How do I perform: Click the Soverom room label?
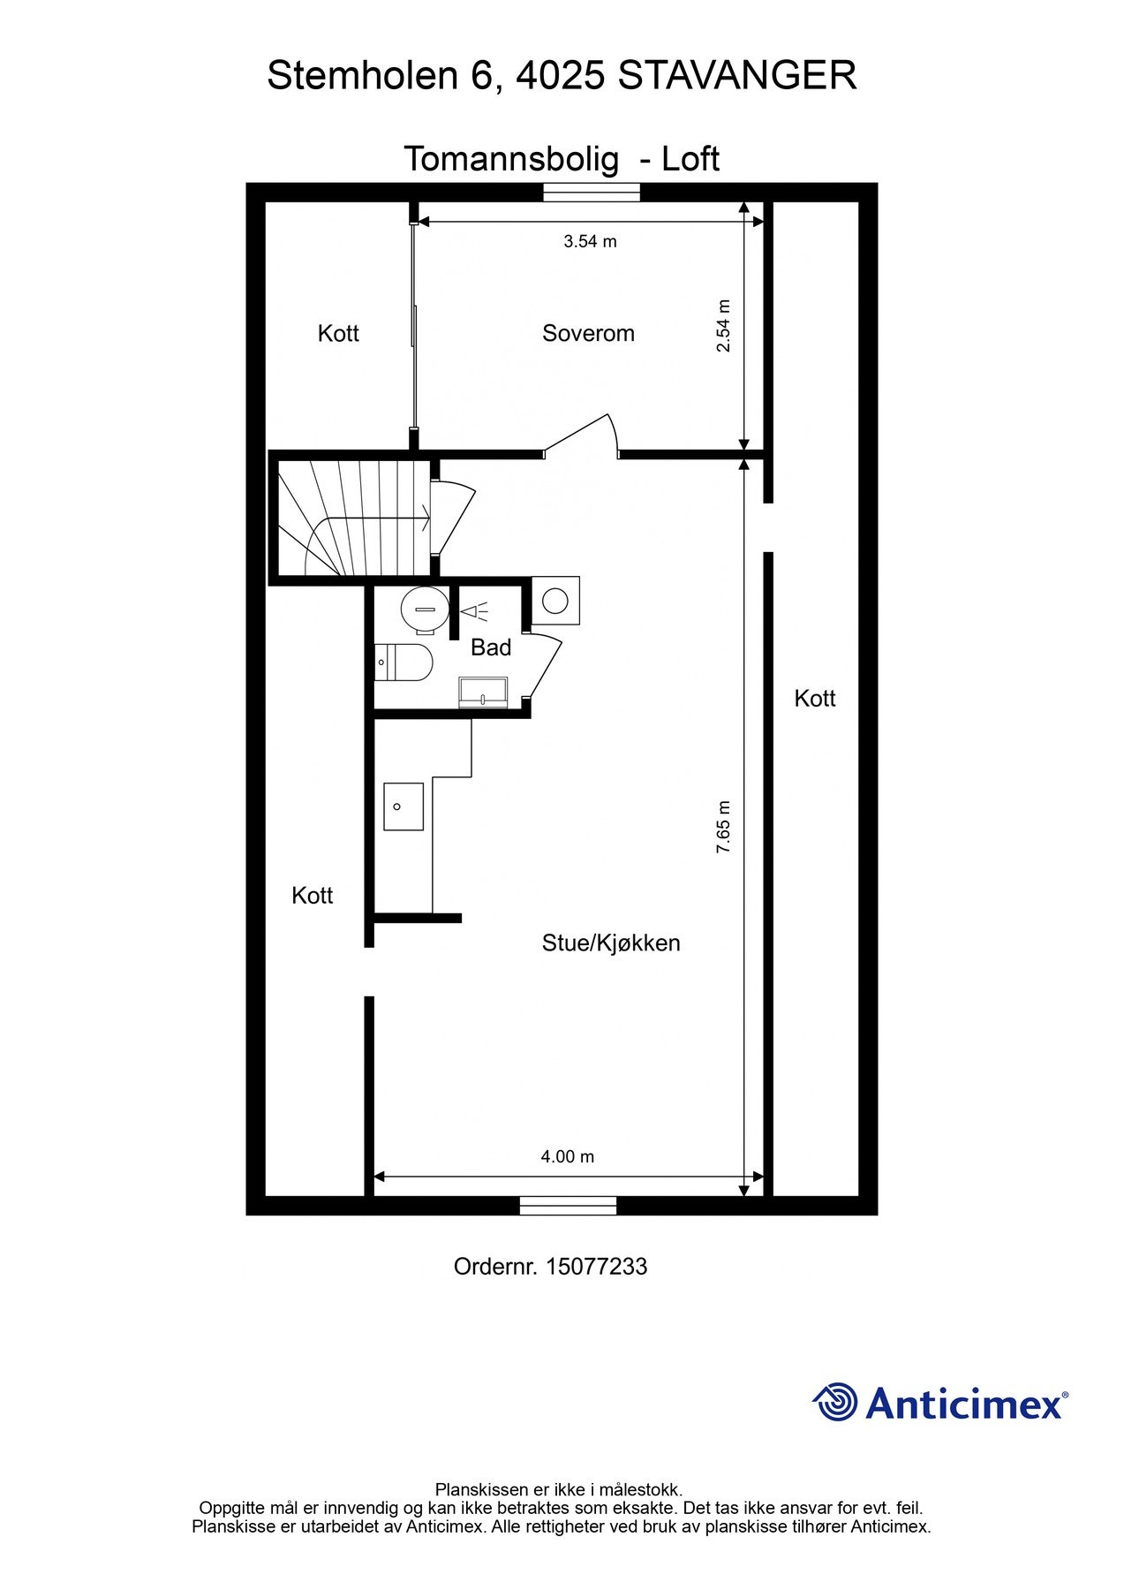pos(588,333)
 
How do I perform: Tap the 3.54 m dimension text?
pos(590,241)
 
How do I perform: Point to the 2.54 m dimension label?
pos(723,326)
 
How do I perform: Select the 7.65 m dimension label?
pos(723,826)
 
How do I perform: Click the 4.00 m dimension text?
pos(567,1156)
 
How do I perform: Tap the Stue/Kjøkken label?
pos(611,943)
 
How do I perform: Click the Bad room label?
pos(491,647)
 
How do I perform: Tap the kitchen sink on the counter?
pos(404,806)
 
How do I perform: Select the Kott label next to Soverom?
pos(338,333)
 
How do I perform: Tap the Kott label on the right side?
pos(814,698)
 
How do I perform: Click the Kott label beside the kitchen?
pos(313,895)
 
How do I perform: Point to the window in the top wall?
pos(591,192)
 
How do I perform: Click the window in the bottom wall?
pos(567,1205)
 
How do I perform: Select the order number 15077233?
pos(596,1267)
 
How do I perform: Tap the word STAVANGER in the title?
pos(737,76)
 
